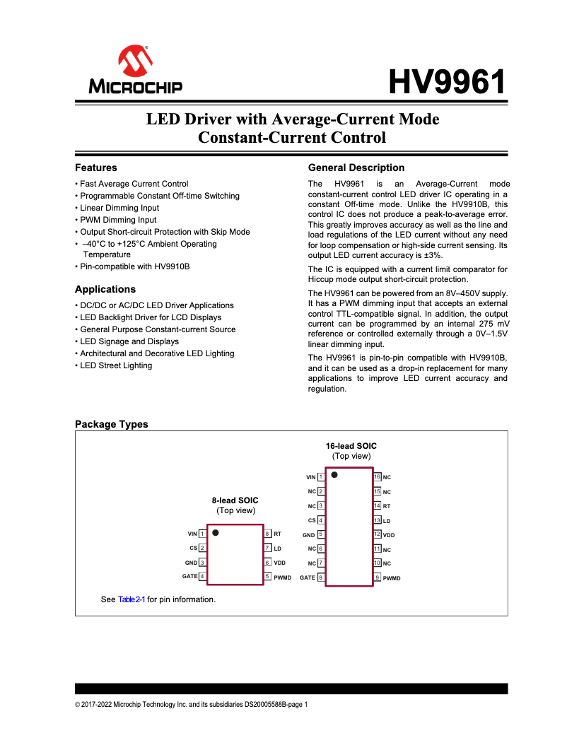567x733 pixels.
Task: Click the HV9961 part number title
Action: click(x=448, y=83)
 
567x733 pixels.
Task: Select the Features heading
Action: click(x=96, y=168)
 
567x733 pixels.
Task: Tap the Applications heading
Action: click(x=105, y=289)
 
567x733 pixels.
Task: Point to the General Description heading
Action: click(x=356, y=168)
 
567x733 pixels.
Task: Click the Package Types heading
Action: click(x=112, y=424)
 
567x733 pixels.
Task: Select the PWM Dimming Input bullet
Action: click(x=118, y=220)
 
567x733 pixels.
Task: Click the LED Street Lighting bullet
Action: click(x=116, y=365)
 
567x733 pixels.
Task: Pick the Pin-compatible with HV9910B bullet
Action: click(x=134, y=266)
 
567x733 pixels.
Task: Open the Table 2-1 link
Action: click(x=131, y=599)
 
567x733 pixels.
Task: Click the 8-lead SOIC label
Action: click(x=235, y=500)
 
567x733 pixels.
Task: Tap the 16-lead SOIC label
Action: click(x=351, y=446)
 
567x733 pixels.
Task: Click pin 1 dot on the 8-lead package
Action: click(x=216, y=532)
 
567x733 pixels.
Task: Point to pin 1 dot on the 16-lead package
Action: click(x=334, y=475)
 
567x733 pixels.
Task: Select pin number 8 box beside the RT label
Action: click(x=268, y=534)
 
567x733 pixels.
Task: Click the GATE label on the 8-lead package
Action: click(x=189, y=576)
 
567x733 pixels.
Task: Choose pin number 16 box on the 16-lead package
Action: click(x=378, y=477)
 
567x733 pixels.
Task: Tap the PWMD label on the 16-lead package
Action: click(x=392, y=578)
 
